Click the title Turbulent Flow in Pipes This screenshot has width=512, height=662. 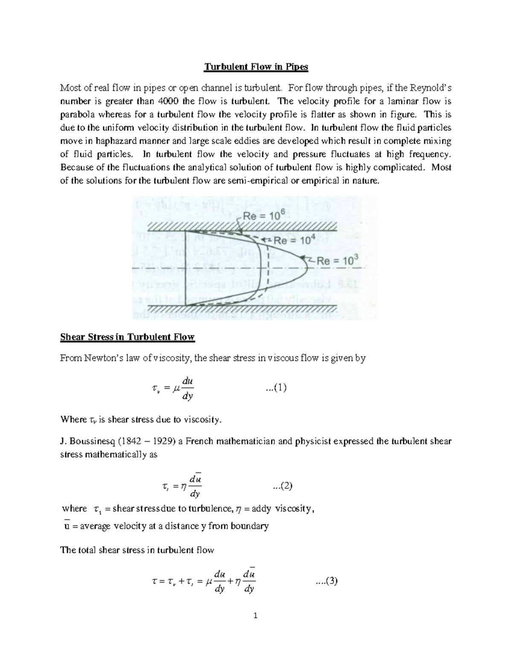pyautogui.click(x=256, y=67)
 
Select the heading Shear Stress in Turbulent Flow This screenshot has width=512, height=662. pyautogui.click(x=127, y=337)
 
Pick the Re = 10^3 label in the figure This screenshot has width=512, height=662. pyautogui.click(x=335, y=260)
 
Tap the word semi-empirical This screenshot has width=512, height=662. pyautogui.click(x=251, y=181)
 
